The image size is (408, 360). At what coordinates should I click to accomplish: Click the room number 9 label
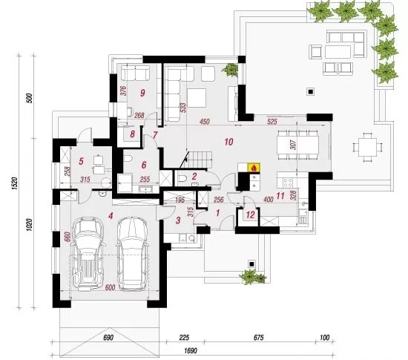(x=142, y=93)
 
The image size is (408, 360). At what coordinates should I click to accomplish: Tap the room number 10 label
(x=228, y=142)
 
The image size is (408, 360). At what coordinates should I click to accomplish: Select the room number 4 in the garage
(x=111, y=216)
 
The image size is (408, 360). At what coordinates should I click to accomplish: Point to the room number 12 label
(x=250, y=215)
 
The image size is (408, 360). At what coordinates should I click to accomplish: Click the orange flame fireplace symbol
(x=254, y=167)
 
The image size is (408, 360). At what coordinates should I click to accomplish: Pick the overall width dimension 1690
(x=191, y=350)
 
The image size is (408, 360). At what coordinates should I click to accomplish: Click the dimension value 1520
(x=15, y=183)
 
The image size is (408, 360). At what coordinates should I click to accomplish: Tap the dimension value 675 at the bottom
(x=258, y=338)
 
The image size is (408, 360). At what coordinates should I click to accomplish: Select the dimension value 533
(x=183, y=108)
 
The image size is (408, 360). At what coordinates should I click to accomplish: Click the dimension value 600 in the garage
(x=111, y=288)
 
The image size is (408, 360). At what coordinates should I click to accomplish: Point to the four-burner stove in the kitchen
(x=287, y=182)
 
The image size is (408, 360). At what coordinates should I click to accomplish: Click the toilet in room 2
(x=183, y=178)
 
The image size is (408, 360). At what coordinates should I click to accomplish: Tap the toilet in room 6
(x=128, y=159)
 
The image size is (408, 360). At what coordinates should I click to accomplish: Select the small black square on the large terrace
(x=310, y=91)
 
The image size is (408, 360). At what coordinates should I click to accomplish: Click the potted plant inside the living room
(x=230, y=70)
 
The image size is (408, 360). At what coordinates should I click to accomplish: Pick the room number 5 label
(x=81, y=161)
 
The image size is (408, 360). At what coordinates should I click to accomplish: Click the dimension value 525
(x=272, y=122)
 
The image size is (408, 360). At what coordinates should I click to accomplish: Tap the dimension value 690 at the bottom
(x=108, y=338)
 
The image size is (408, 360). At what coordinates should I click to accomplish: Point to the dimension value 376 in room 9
(x=124, y=91)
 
